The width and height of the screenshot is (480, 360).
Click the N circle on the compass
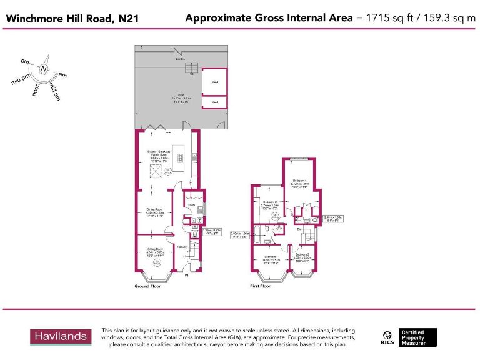click(x=44, y=69)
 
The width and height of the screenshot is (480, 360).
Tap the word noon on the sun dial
click(x=36, y=91)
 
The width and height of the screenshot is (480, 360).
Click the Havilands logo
click(x=61, y=336)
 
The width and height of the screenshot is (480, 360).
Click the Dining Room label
click(x=155, y=209)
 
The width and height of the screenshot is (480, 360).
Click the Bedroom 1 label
click(x=271, y=257)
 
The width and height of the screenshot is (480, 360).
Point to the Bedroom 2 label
click(x=270, y=202)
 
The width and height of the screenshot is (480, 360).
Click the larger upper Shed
click(x=214, y=81)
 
